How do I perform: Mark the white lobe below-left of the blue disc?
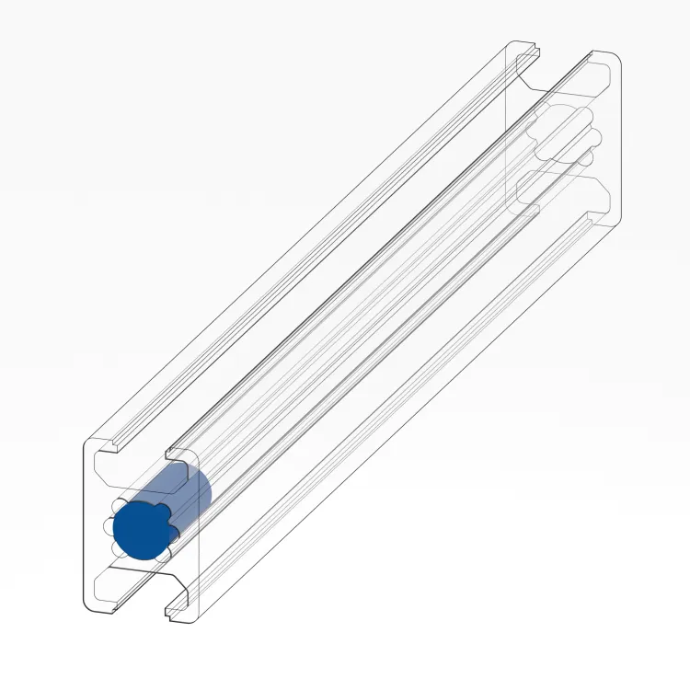click(119, 549)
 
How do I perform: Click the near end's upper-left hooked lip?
click(119, 448)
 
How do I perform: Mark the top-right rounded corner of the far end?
click(615, 59)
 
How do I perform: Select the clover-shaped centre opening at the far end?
click(566, 138)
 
